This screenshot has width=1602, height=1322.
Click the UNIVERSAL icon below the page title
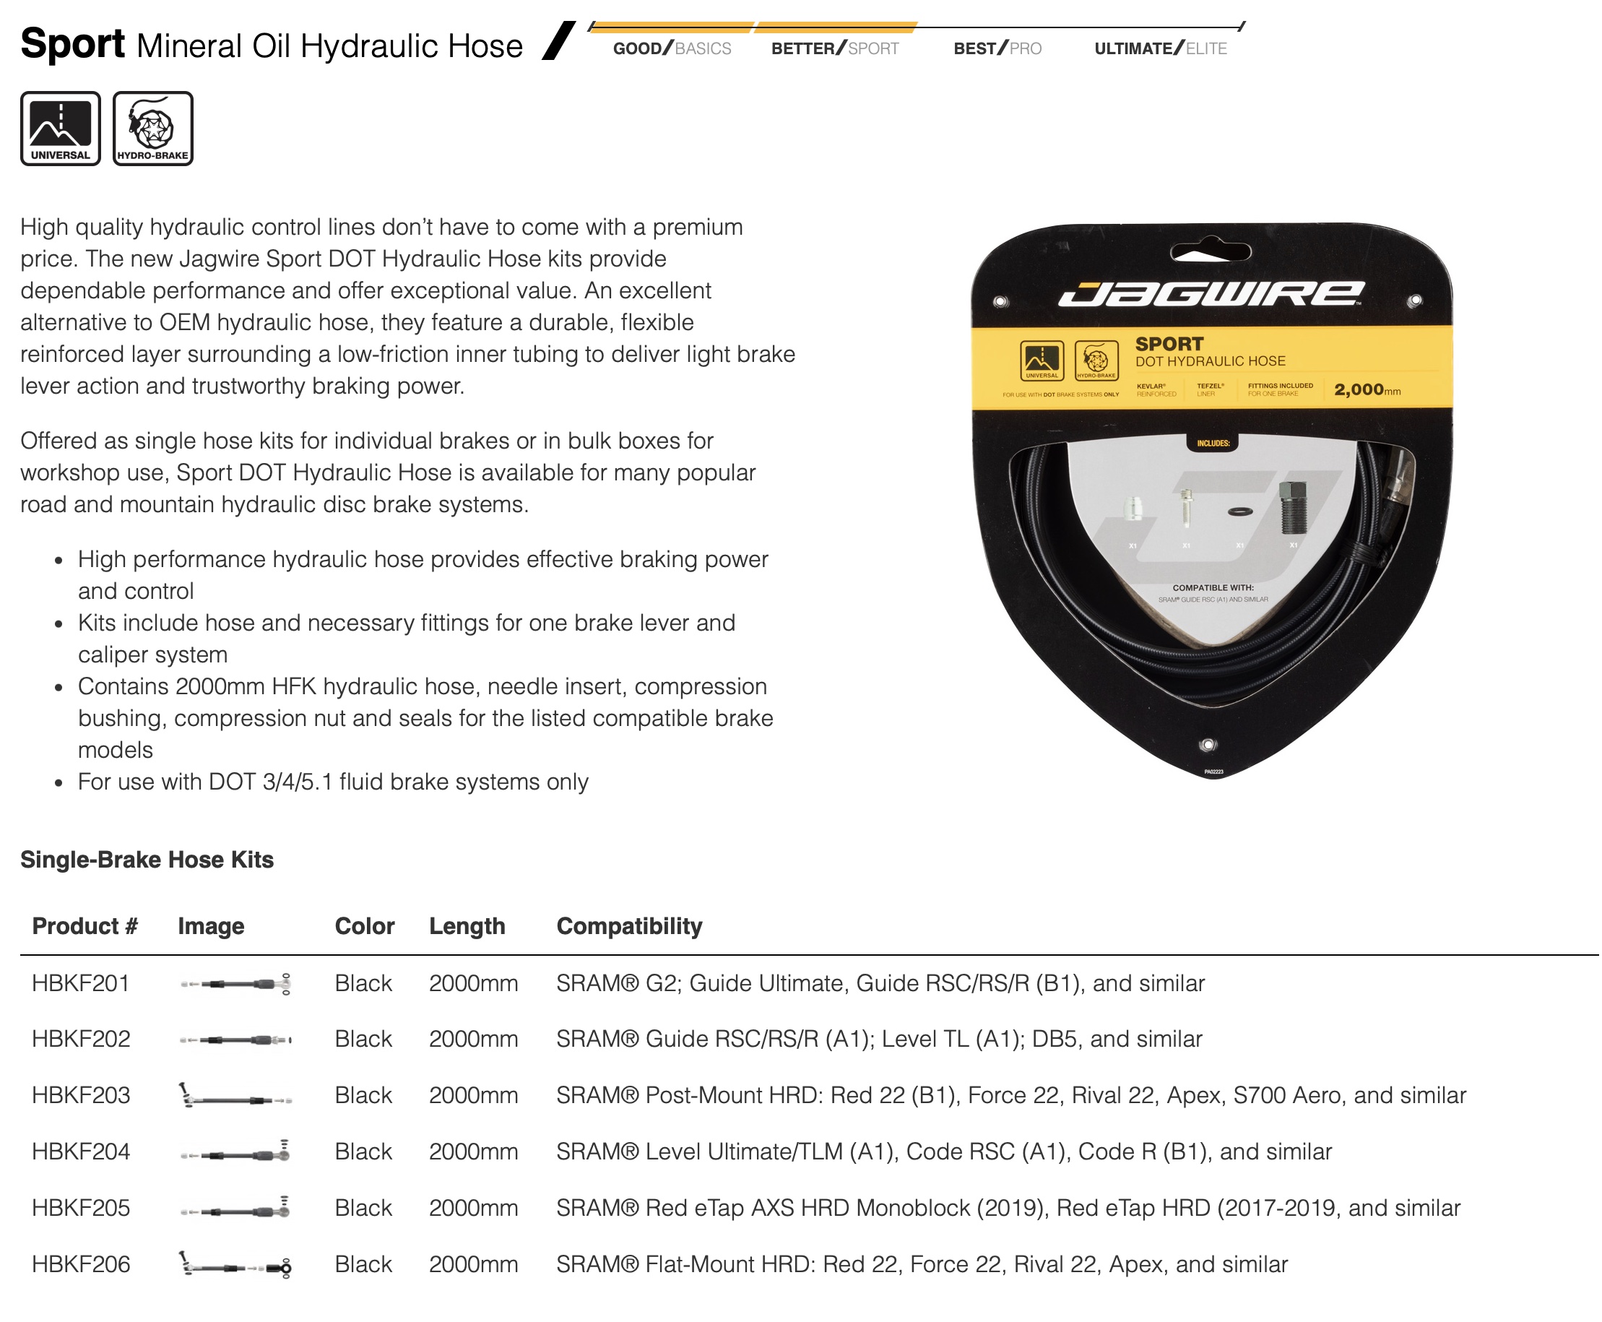pos(60,128)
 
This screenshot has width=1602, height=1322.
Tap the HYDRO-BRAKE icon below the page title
pos(152,128)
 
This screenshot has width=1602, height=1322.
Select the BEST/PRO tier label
pos(997,48)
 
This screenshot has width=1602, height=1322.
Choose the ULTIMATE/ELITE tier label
pos(1160,48)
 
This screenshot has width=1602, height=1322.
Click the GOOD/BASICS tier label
pos(672,48)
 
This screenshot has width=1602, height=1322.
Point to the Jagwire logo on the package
pos(1211,294)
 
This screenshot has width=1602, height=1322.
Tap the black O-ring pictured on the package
pos(1239,511)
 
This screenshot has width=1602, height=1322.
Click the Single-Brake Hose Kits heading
pos(147,859)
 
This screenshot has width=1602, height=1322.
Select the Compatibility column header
pos(629,926)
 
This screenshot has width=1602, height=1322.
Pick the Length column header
pos(467,926)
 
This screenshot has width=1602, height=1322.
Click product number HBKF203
pos(81,1095)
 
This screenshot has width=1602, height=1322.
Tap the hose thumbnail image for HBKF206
pos(235,1265)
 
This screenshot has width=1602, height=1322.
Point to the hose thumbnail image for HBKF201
pos(235,984)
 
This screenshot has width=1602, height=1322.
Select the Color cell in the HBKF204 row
pos(363,1152)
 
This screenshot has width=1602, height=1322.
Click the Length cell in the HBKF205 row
pos(473,1208)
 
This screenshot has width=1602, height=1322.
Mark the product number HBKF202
pos(81,1039)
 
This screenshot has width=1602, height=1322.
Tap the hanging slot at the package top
pos(1211,251)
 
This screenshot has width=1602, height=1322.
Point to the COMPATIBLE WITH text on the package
pos(1213,587)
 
